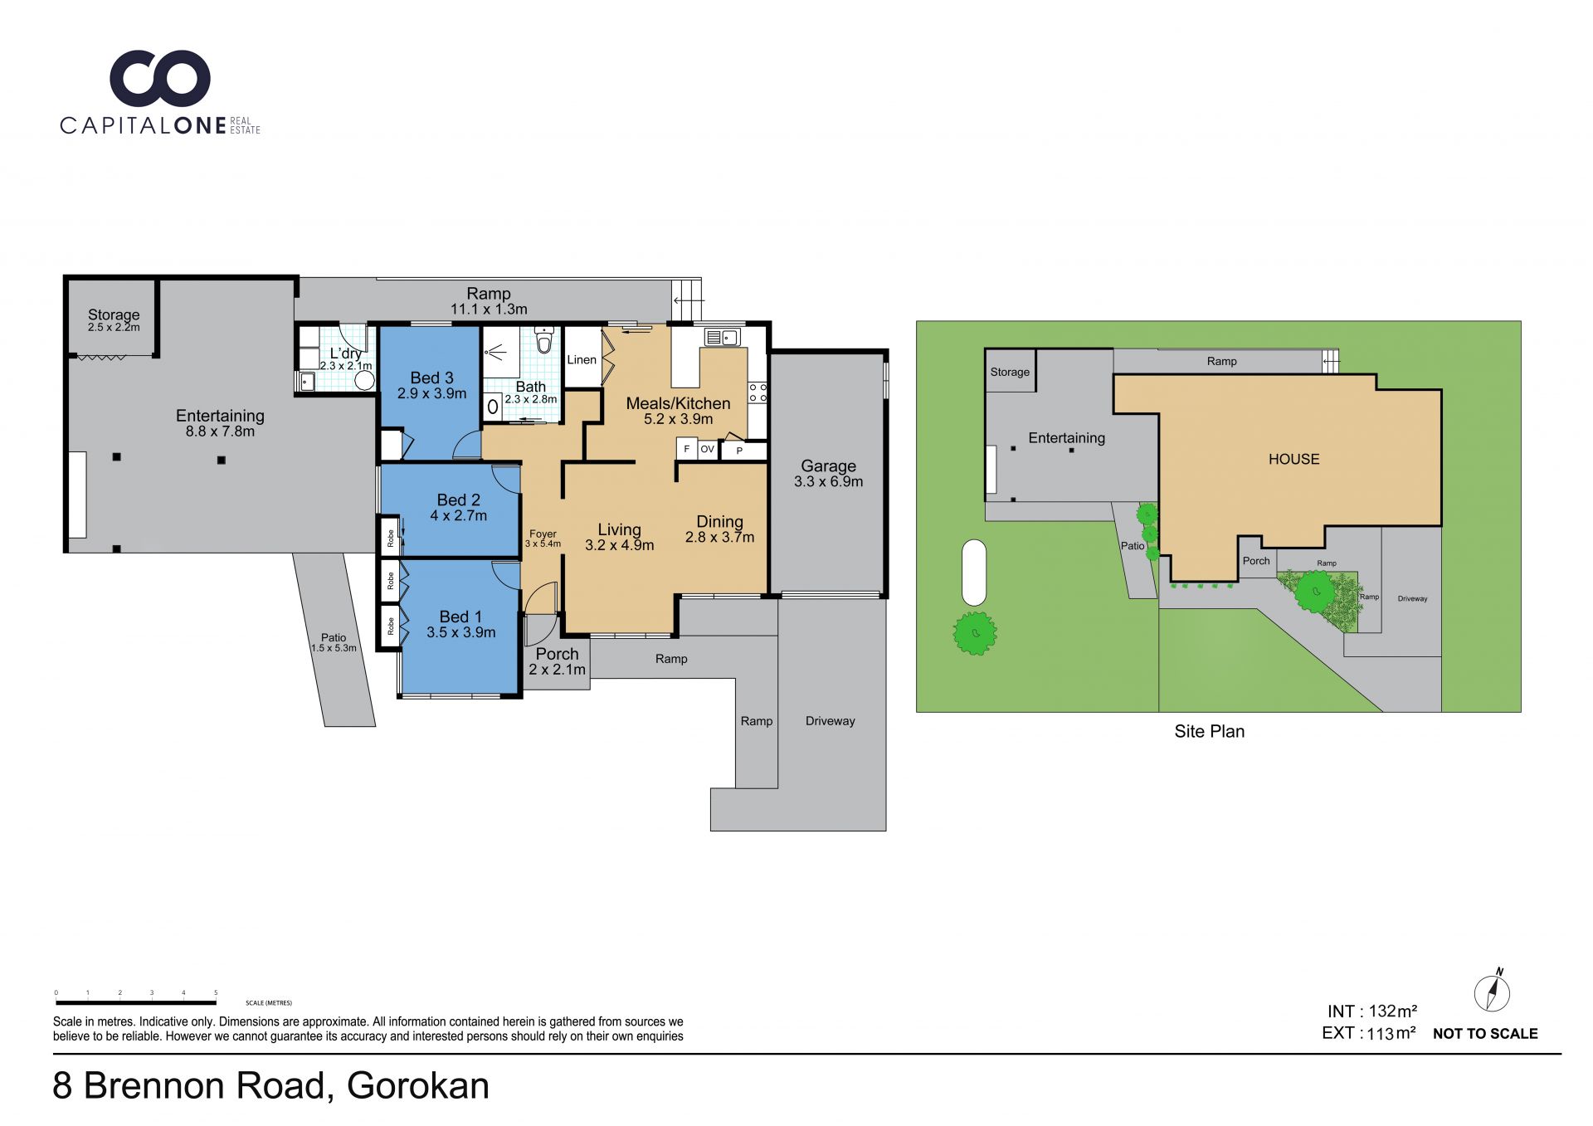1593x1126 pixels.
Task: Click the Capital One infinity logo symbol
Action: coord(160,78)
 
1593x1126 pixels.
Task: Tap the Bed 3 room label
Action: coord(431,378)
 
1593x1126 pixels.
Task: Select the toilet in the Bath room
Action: coord(544,341)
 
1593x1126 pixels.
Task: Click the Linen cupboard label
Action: coord(582,359)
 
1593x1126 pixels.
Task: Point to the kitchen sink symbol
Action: coord(722,337)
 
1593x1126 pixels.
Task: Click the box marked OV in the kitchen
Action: coord(707,449)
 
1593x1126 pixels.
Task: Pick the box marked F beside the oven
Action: coord(687,449)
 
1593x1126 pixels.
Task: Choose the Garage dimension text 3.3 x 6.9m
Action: coord(828,481)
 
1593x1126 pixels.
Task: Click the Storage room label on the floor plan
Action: coord(114,314)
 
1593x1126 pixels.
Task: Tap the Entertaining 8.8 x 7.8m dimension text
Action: coord(220,431)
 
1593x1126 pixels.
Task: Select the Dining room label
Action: coord(719,522)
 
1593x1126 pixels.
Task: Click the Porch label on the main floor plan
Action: coord(557,654)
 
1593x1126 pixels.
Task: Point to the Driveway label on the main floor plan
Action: coord(830,721)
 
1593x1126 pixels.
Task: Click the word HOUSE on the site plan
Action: coord(1293,459)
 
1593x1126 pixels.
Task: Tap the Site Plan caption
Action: coord(1209,731)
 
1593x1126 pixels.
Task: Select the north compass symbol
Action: coord(1492,991)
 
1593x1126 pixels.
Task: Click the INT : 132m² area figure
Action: coord(1372,1011)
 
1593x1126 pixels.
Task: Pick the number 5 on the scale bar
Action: coord(216,992)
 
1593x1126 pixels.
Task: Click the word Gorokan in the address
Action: coord(418,1085)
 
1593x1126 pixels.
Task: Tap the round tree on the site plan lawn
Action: coord(975,633)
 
